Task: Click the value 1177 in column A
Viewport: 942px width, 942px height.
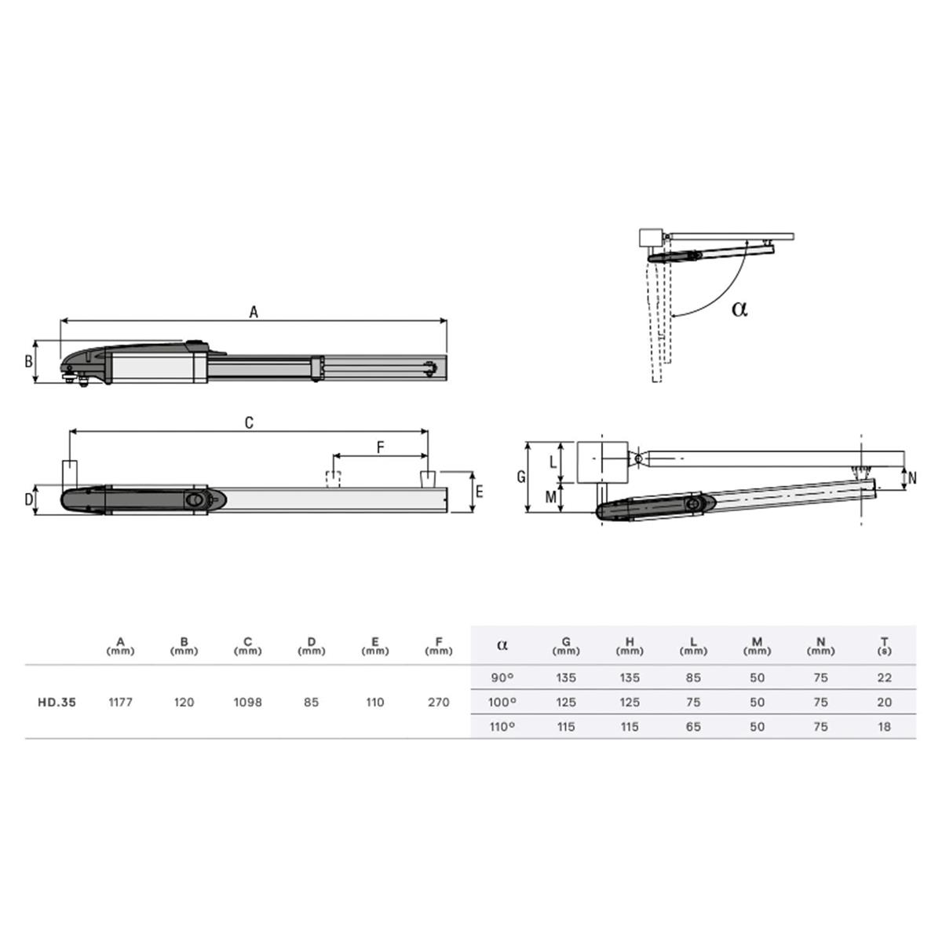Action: pos(120,702)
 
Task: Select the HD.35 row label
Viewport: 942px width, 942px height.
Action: pos(57,702)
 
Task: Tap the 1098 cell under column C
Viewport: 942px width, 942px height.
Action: pos(248,702)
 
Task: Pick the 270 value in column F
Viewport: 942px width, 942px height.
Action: pos(439,702)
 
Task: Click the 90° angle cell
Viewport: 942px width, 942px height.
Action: pos(502,677)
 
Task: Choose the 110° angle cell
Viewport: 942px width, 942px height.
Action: pos(502,726)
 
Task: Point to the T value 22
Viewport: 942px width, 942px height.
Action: pos(885,677)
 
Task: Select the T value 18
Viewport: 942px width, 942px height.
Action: pos(885,726)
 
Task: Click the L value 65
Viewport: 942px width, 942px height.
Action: pos(693,726)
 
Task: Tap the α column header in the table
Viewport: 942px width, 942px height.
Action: pos(502,644)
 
